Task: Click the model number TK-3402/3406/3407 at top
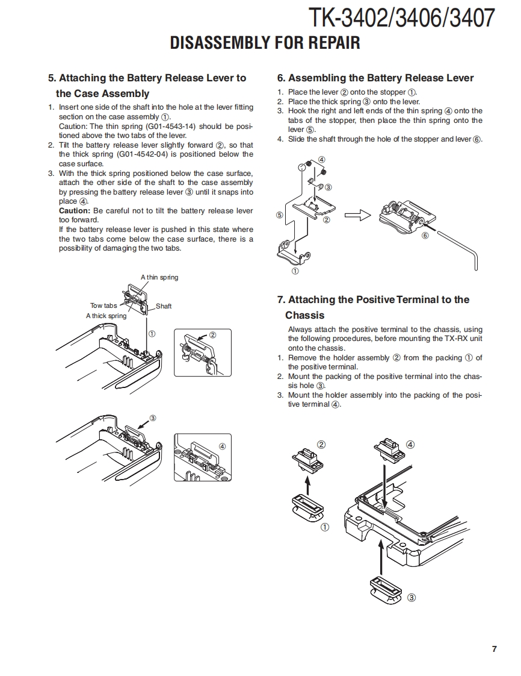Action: point(401,18)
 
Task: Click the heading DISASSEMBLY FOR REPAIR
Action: point(265,43)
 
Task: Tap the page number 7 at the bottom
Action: point(494,649)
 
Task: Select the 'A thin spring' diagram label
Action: point(159,277)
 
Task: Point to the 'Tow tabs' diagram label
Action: point(103,305)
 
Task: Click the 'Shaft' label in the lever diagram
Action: point(164,306)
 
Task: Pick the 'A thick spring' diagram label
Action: point(106,316)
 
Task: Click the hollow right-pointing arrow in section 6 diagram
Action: point(357,214)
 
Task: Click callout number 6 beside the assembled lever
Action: point(425,236)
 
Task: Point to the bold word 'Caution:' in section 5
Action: point(74,211)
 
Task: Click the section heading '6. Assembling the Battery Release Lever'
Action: point(375,78)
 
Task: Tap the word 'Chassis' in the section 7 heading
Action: point(304,315)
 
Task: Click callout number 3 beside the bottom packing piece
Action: point(412,598)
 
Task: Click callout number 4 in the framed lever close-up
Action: point(222,446)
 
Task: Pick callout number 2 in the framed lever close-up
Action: point(212,335)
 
